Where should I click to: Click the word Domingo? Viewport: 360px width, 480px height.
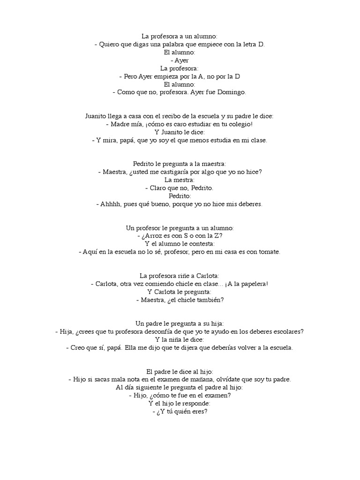[231, 92]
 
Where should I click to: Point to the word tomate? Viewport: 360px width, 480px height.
[268, 252]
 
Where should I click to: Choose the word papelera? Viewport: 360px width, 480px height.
[252, 284]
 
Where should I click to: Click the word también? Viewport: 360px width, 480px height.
[208, 300]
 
